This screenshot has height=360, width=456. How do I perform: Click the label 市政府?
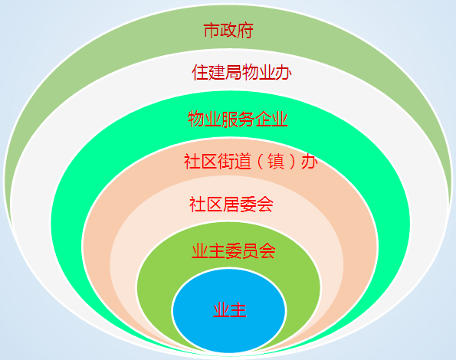[x=228, y=30]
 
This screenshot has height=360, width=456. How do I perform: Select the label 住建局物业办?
[x=241, y=72]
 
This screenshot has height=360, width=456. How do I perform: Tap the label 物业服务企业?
[x=238, y=119]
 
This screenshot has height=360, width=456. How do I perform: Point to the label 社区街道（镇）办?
[x=251, y=162]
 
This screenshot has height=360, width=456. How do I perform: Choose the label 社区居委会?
[x=231, y=205]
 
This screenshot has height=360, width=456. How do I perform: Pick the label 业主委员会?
[x=234, y=250]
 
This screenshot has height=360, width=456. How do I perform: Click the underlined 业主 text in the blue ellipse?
[x=230, y=309]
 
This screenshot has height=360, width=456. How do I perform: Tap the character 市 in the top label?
[x=212, y=30]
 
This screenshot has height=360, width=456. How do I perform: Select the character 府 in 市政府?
[x=245, y=30]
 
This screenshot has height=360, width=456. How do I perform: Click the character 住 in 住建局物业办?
[x=200, y=72]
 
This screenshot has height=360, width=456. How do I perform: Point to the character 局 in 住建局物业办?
[x=233, y=72]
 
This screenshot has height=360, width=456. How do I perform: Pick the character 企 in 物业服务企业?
[x=263, y=119]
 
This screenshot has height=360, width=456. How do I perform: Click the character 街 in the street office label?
[x=225, y=162]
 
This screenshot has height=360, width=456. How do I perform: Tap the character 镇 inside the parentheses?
[x=276, y=162]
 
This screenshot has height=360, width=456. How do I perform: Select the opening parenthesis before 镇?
[x=260, y=162]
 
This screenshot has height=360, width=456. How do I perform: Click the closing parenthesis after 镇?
[x=292, y=162]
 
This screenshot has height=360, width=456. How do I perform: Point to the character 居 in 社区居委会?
[x=231, y=205]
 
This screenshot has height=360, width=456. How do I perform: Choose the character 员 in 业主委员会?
[x=251, y=250]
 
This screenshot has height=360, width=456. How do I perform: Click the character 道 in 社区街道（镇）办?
[x=242, y=162]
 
